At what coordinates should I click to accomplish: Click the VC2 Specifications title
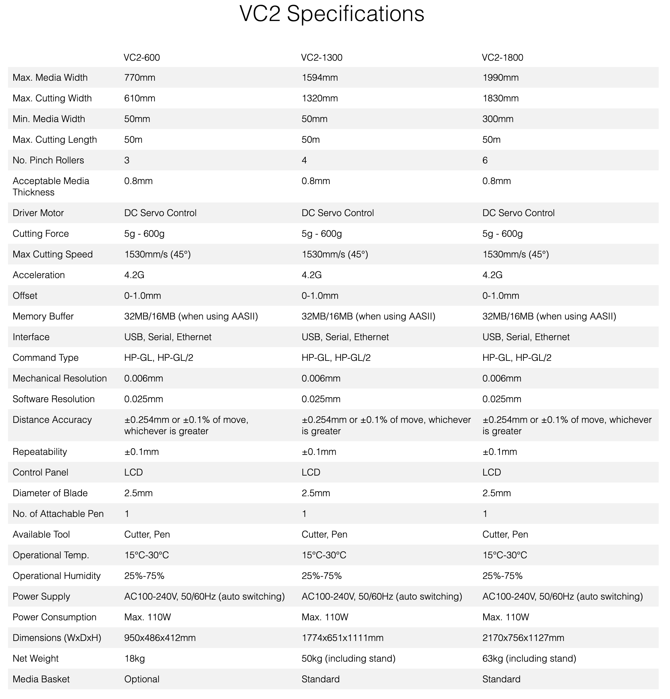coord(332,14)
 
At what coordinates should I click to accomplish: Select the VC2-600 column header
coord(142,57)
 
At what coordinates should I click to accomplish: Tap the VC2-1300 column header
coord(322,57)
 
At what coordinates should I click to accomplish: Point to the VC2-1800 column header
coord(502,57)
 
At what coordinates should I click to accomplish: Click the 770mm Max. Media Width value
coord(140,78)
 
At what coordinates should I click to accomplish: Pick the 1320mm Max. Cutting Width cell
coord(319,98)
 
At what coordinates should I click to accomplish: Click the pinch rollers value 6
coord(485,160)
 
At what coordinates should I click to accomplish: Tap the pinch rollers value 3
coord(127,160)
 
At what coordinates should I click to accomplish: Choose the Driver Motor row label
coord(38,213)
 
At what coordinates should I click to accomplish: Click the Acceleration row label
coord(39,275)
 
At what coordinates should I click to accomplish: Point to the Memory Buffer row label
coord(43,316)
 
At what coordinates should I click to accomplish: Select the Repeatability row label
coord(40,452)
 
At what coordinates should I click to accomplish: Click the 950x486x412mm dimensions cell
coord(160,638)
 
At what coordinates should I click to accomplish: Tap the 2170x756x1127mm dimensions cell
coord(523,638)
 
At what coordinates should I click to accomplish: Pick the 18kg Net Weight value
coord(134,658)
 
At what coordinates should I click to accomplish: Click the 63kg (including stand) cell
coord(529,658)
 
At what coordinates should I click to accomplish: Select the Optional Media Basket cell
coord(142,679)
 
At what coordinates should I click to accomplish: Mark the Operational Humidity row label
coord(57,576)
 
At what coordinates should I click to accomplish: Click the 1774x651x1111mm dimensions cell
coord(342,638)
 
